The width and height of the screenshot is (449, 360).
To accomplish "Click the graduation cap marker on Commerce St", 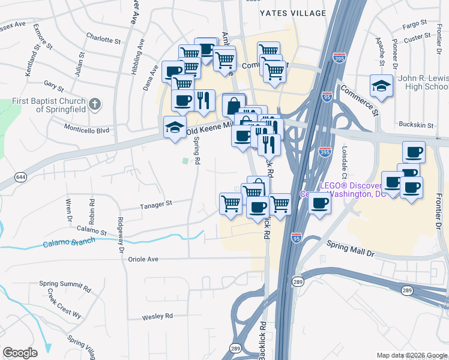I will [x=381, y=86].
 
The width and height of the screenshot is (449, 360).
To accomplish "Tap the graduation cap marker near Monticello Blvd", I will [x=175, y=127].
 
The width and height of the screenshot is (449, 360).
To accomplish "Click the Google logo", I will [x=20, y=353].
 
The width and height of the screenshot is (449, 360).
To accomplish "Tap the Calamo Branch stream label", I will [x=68, y=242].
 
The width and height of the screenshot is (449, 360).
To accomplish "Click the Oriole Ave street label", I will [x=143, y=259].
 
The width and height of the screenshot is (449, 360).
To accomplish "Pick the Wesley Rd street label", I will [x=157, y=316].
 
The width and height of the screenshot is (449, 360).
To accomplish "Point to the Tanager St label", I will [x=156, y=204].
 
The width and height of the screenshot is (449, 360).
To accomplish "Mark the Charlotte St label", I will [x=99, y=40].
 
